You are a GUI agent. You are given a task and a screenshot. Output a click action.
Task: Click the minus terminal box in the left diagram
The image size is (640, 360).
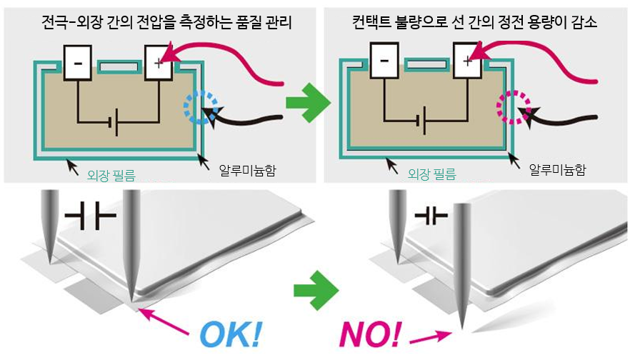[77, 63]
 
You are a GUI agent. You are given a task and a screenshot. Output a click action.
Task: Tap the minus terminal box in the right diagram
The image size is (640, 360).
[384, 61]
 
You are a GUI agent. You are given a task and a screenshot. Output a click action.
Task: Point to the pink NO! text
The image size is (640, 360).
[371, 334]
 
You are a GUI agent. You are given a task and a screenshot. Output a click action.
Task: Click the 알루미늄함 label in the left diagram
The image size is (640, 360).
[249, 169]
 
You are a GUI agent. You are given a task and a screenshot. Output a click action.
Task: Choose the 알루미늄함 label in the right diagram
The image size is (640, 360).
[558, 169]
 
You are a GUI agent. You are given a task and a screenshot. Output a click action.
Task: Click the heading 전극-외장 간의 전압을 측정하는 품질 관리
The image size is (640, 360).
[160, 22]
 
